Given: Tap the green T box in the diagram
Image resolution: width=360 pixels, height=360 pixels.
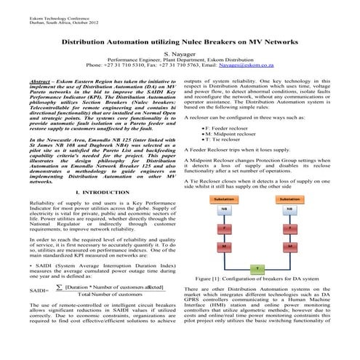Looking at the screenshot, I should pos(256,268).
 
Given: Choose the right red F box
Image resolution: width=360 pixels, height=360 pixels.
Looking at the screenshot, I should pos(289,228).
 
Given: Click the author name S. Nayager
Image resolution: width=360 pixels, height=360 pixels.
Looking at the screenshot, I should pos(180,54).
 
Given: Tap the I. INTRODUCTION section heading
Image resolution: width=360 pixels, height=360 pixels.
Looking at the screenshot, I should pos(97,191).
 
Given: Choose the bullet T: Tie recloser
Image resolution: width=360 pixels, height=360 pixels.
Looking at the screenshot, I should pos(233,141).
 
